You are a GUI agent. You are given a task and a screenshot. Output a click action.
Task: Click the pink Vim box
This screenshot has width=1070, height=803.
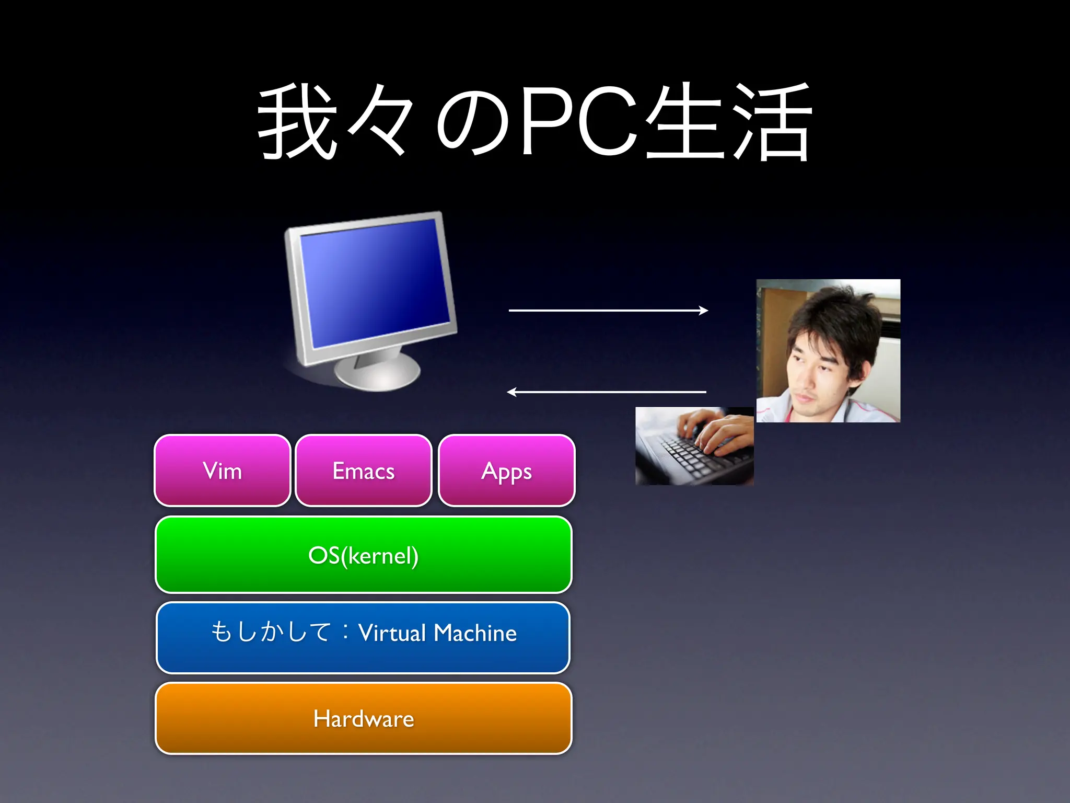223,471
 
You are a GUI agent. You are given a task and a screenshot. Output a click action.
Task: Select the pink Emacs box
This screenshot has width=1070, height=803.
364,471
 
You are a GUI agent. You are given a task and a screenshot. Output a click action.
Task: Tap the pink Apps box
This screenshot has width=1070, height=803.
506,471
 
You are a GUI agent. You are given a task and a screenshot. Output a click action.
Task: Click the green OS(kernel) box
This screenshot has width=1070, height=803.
364,555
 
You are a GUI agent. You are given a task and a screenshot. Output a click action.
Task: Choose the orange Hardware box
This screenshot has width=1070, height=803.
364,718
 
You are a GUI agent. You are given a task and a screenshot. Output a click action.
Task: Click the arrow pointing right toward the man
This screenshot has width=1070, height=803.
608,311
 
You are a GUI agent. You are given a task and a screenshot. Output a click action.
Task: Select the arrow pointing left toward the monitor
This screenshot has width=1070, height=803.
606,392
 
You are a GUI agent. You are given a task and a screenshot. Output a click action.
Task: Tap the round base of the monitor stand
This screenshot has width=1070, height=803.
377,372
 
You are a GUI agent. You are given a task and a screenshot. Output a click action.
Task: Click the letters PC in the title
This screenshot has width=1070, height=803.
577,121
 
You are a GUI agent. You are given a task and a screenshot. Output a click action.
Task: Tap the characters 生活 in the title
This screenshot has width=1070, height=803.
729,121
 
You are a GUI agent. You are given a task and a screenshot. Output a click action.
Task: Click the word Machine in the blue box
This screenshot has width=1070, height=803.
475,633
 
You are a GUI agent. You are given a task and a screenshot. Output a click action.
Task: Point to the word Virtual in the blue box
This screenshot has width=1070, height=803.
392,633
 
